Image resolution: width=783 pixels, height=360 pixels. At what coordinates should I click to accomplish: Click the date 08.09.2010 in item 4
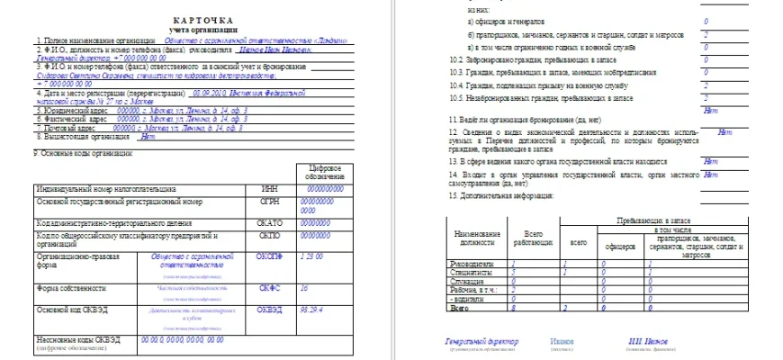[x=210, y=92]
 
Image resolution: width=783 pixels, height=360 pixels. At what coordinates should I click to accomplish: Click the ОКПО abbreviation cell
[x=270, y=236]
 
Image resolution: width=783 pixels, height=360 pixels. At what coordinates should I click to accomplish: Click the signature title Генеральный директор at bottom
[x=481, y=342]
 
